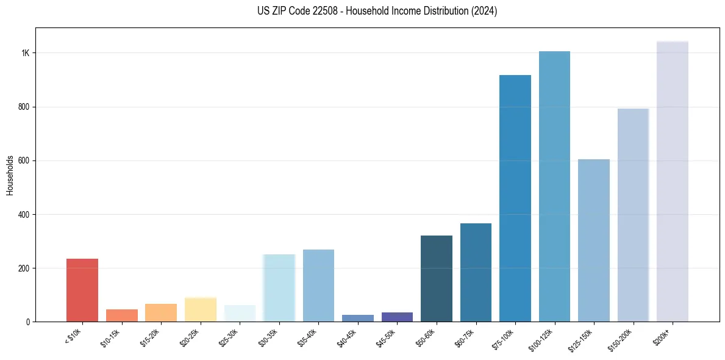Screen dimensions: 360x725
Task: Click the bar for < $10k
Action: click(x=82, y=290)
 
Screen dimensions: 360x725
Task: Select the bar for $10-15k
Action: click(x=122, y=315)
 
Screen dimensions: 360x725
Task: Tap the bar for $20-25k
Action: click(x=201, y=309)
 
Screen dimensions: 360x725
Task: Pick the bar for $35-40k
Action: click(x=318, y=286)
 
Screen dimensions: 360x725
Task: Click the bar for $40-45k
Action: click(x=358, y=318)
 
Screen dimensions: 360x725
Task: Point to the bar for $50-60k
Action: click(x=437, y=278)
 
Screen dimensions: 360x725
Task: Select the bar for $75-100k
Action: click(x=515, y=198)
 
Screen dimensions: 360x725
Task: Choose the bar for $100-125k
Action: click(x=554, y=186)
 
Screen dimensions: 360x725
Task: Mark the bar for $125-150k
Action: click(x=594, y=240)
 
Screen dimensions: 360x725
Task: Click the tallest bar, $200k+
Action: click(x=673, y=181)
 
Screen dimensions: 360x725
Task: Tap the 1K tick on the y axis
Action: click(x=25, y=53)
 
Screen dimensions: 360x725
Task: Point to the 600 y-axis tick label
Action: click(x=24, y=161)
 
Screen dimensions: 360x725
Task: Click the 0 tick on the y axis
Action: click(x=28, y=322)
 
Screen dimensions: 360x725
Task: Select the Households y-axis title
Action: click(x=10, y=175)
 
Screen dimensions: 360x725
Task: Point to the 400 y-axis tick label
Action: click(x=24, y=215)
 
